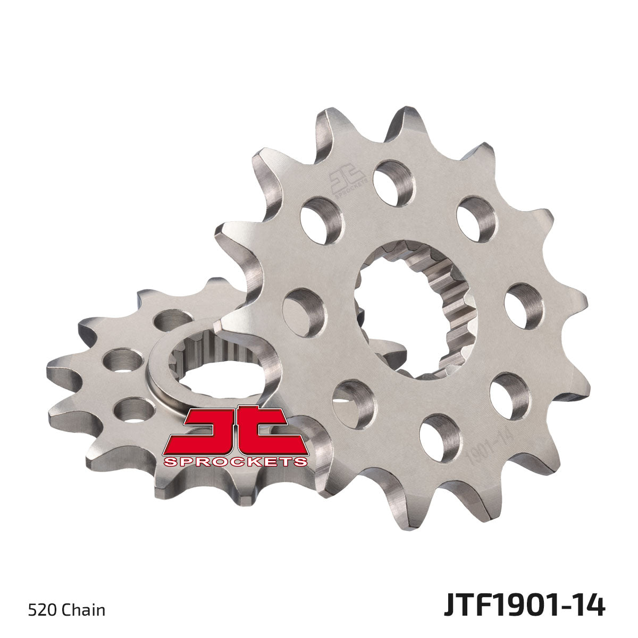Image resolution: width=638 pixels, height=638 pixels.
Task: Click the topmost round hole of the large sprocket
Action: click(x=393, y=182)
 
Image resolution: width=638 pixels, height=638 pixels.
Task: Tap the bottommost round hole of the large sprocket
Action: click(x=440, y=437)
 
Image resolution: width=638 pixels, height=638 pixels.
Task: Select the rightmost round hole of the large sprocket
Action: click(x=524, y=306)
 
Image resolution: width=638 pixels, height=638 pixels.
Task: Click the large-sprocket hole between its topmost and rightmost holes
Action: click(x=476, y=219)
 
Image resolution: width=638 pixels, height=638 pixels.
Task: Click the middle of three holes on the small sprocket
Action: click(x=123, y=360)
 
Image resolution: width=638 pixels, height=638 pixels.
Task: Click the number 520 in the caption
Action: click(x=39, y=609)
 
